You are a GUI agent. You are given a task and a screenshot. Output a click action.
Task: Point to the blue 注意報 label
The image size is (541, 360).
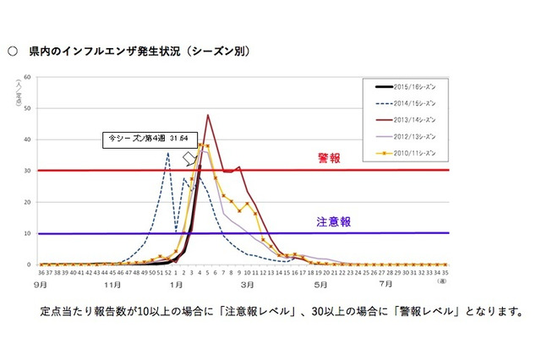click(x=335, y=221)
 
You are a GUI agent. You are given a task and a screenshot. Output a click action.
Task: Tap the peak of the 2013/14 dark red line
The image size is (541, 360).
click(x=208, y=115)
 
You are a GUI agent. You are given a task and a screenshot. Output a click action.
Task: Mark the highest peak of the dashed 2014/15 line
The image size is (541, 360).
click(x=168, y=153)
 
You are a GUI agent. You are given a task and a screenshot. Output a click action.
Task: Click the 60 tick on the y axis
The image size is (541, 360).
click(x=28, y=78)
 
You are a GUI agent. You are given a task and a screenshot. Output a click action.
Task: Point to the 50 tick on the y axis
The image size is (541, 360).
click(x=28, y=109)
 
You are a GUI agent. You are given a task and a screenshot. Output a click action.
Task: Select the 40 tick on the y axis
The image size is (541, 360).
click(x=28, y=140)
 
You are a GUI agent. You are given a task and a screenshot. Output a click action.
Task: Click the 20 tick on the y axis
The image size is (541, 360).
click(x=28, y=202)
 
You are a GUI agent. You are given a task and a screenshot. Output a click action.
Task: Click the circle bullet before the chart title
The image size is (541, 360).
click(x=13, y=52)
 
